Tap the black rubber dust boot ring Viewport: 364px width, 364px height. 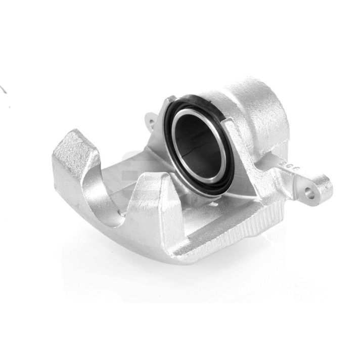pos(172,109)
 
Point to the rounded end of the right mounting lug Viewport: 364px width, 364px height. pos(322,187)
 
